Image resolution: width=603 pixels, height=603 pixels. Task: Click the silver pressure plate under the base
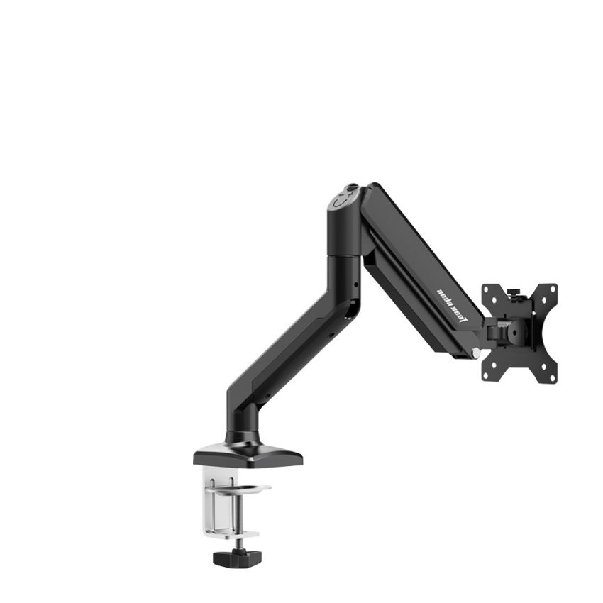pos(253,488)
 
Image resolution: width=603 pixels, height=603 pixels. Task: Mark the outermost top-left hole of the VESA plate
pos(489,291)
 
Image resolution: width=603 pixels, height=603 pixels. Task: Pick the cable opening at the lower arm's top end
pos(352,305)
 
